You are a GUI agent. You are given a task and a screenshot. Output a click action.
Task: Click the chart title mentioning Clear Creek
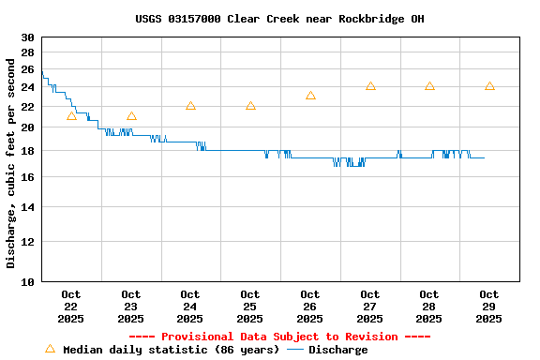point(272,19)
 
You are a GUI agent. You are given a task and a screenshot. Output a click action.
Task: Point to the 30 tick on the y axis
point(27,37)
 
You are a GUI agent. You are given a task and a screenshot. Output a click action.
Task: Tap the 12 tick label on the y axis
point(27,242)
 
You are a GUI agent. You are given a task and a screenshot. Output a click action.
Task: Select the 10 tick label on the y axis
point(27,281)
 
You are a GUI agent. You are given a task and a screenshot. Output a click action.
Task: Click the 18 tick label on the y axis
point(27,151)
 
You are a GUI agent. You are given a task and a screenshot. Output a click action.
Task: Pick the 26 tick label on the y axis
point(27,70)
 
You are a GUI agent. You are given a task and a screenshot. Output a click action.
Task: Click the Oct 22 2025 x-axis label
point(71,307)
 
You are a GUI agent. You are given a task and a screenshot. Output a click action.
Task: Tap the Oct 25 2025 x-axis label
point(250,307)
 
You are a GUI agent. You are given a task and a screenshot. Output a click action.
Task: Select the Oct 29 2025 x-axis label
point(489,307)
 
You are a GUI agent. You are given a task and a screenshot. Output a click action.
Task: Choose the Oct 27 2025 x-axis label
point(370,307)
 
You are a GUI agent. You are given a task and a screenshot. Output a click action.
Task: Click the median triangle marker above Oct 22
point(71,116)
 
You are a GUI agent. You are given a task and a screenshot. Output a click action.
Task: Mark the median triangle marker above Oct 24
point(190,106)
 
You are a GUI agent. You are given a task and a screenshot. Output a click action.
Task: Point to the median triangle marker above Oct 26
point(310,96)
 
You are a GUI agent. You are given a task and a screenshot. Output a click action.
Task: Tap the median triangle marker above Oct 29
point(489,86)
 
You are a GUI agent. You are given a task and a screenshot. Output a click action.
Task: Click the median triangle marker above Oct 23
point(131,116)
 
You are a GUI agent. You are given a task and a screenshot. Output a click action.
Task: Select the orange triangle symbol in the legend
point(50,349)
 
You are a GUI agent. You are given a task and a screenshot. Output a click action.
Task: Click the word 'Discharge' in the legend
point(338,350)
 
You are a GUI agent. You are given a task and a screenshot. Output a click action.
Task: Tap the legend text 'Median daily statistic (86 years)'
point(171,350)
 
